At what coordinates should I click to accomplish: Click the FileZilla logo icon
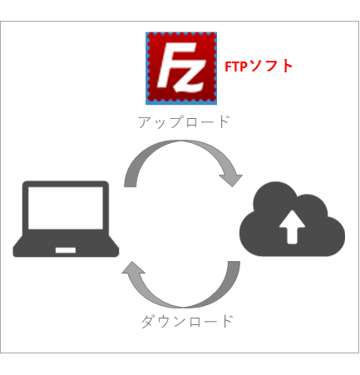[181, 68]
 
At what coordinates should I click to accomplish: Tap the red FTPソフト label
[259, 67]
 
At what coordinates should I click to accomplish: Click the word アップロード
[184, 122]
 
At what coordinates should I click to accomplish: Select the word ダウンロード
[187, 321]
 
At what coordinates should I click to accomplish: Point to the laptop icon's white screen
[66, 208]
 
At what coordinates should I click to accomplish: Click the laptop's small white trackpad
[66, 250]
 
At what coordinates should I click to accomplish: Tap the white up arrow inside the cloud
[292, 227]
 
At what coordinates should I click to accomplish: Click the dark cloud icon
[292, 219]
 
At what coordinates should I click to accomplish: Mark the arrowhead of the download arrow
[133, 268]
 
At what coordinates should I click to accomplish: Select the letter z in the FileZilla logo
[190, 76]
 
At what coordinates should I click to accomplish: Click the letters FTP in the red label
[235, 67]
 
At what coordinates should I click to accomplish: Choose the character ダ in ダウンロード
[148, 322]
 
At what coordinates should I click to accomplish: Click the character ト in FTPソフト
[287, 67]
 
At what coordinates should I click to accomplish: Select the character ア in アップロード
[144, 122]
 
